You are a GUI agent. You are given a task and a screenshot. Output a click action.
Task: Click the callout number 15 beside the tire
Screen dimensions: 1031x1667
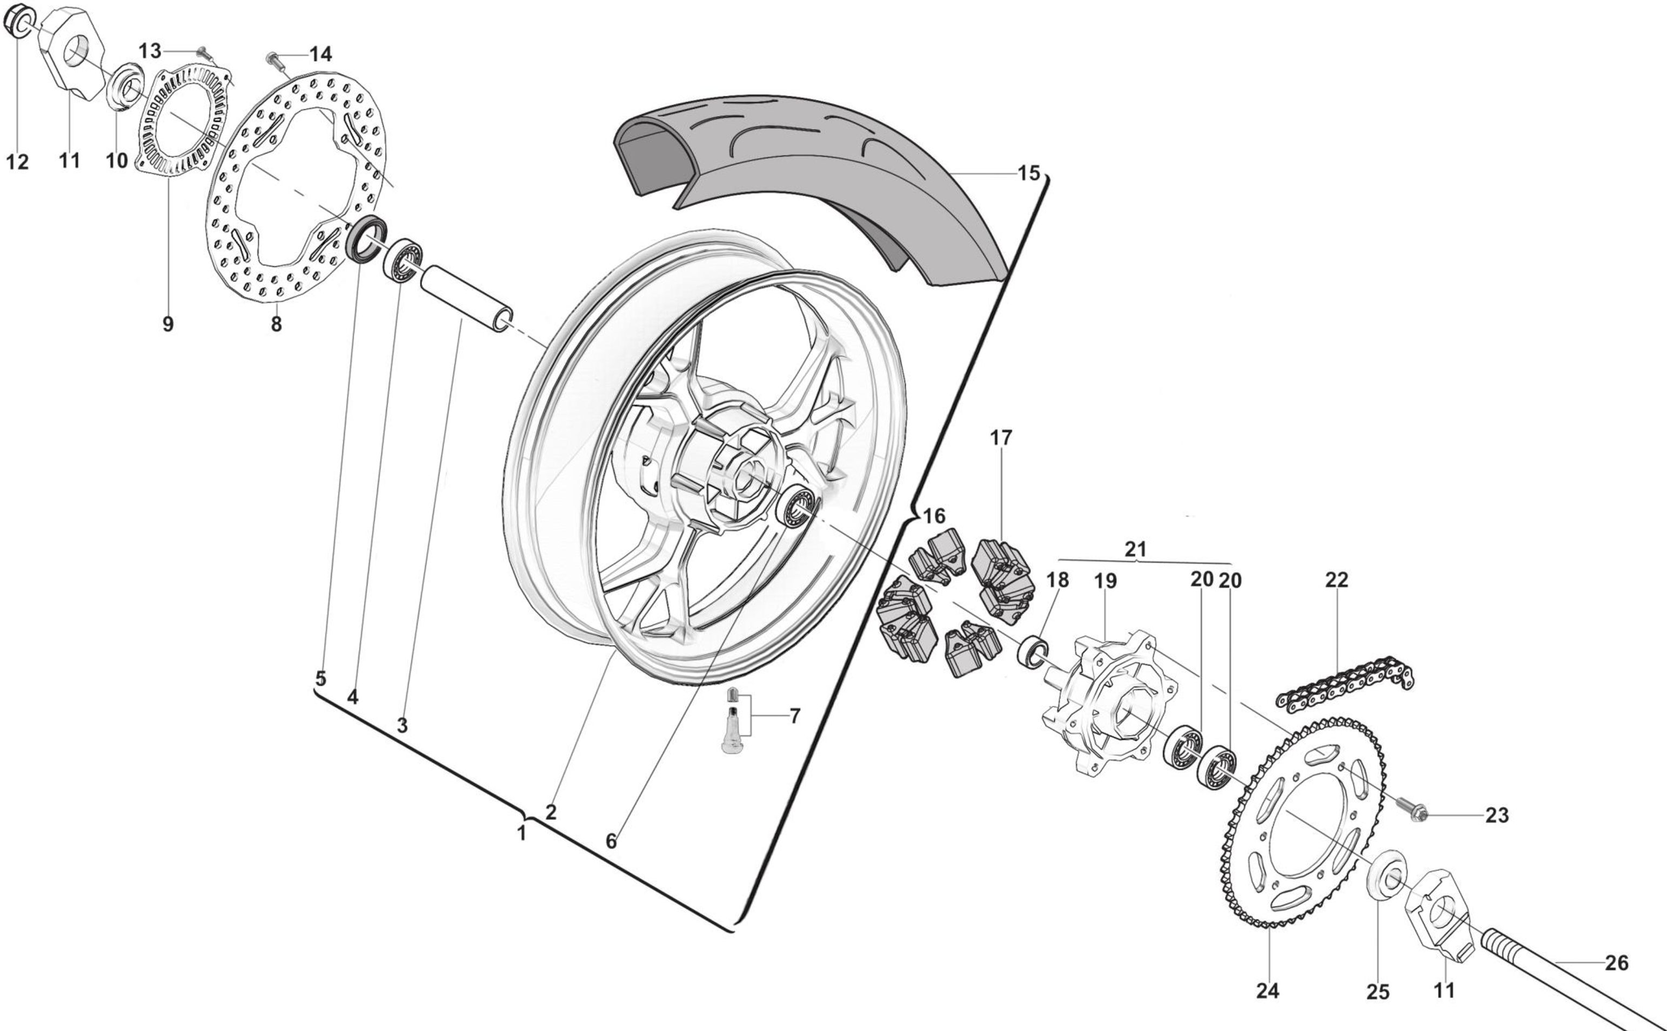(x=1029, y=173)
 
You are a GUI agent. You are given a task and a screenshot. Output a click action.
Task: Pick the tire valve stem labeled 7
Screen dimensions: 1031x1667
(x=731, y=724)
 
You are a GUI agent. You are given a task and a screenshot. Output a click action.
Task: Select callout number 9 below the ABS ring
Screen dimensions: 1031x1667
(x=168, y=324)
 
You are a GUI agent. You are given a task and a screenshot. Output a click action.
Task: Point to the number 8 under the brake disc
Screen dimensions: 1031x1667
(x=276, y=324)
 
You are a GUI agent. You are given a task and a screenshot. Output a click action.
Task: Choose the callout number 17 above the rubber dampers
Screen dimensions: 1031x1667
(x=1001, y=438)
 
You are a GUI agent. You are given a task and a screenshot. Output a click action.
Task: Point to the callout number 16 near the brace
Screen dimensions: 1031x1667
(x=934, y=515)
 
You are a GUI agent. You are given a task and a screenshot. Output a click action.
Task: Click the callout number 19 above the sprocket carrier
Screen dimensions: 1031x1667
(x=1105, y=581)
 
